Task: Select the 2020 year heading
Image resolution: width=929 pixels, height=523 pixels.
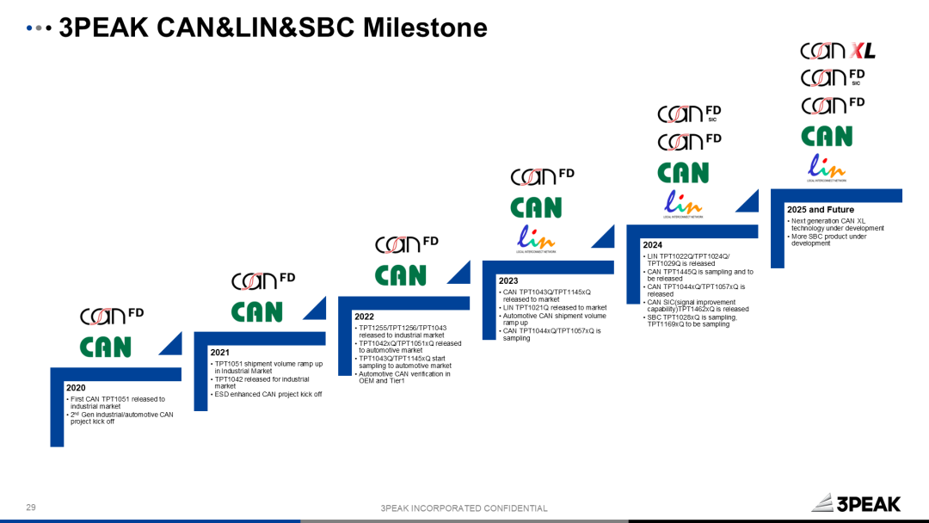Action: [x=76, y=388]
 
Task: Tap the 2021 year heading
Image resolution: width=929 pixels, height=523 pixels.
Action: [x=219, y=353]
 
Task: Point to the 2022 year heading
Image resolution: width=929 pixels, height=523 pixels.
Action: [x=364, y=317]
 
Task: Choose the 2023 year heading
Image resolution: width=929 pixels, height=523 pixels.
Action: [x=508, y=280]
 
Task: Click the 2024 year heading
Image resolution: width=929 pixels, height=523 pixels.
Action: [x=652, y=245]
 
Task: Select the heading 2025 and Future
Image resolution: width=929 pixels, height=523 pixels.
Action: [x=820, y=209]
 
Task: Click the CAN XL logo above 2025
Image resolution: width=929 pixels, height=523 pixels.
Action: [x=837, y=51]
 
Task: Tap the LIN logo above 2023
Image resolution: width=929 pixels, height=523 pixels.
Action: [x=536, y=238]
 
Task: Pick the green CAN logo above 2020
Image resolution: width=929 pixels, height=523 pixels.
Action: [x=106, y=347]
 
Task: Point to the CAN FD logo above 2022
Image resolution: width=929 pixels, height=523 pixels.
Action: [x=406, y=244]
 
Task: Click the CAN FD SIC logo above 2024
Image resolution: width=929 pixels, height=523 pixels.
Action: [x=689, y=114]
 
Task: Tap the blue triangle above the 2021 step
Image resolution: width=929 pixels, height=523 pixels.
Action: [x=315, y=308]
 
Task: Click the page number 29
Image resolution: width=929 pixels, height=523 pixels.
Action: [x=31, y=508]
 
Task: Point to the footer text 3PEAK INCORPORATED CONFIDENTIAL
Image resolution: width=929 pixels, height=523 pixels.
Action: [x=464, y=508]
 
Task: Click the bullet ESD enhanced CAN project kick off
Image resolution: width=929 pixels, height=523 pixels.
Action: [x=268, y=394]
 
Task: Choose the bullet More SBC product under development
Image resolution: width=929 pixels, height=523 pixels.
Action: [x=828, y=239]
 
